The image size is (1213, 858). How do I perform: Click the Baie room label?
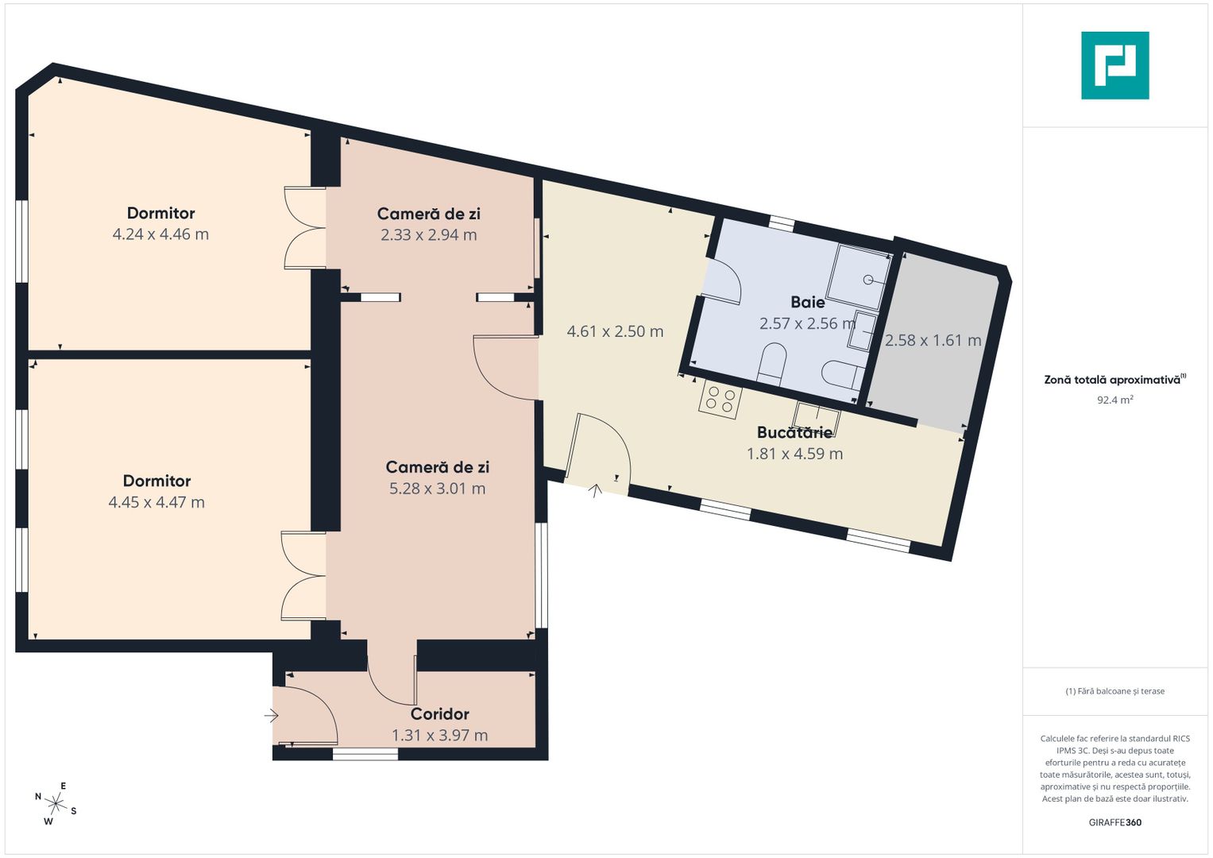(x=807, y=302)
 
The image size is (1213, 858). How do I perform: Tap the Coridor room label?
(x=439, y=714)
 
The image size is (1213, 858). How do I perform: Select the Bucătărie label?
(x=794, y=432)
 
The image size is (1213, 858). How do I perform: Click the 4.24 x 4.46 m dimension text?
(x=160, y=234)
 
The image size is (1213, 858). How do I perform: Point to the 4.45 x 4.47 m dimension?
(x=156, y=502)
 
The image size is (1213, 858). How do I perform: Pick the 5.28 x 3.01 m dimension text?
(x=437, y=488)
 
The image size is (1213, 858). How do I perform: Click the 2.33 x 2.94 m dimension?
(x=428, y=234)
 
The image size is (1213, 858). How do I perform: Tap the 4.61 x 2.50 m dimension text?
(x=615, y=331)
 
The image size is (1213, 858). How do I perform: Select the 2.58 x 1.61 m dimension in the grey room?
(x=933, y=340)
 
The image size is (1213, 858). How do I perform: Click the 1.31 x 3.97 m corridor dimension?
(x=439, y=735)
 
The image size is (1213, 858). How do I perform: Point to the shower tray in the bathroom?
(x=860, y=276)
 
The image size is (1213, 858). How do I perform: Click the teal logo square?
(x=1115, y=65)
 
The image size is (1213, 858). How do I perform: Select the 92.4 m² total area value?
(x=1115, y=400)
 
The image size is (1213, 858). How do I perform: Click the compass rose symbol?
(x=56, y=803)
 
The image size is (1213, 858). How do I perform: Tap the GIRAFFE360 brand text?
(x=1115, y=822)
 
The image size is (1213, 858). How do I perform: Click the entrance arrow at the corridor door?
(x=272, y=716)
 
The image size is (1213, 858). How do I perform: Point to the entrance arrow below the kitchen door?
(x=596, y=491)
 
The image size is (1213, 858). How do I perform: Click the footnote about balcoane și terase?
(x=1115, y=691)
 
